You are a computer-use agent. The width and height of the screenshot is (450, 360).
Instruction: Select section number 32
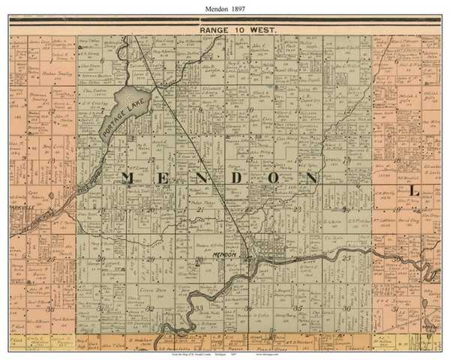[150, 308]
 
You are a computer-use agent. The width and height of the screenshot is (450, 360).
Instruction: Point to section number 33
[198, 309]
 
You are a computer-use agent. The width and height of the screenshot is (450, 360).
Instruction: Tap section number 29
[150, 259]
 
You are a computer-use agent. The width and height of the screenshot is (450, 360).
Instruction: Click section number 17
[151, 160]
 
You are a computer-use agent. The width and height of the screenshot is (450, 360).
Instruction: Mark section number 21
[199, 210]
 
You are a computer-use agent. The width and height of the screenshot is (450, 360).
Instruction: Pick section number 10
[248, 109]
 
